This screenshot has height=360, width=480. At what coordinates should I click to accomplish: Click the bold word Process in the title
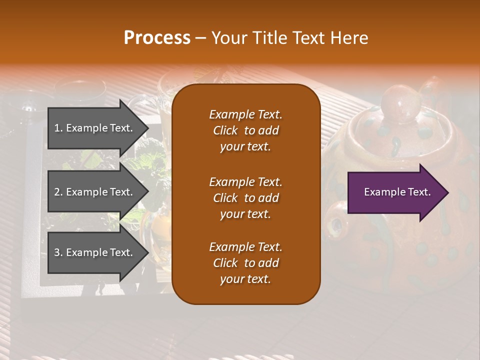coord(157,38)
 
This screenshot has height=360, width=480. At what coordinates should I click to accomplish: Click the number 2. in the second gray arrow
coord(58,192)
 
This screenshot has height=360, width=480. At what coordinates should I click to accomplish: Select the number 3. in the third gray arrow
coord(58,252)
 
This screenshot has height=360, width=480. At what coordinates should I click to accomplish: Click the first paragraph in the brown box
coord(245,130)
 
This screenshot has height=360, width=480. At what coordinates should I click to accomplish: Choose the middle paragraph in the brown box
coord(245,197)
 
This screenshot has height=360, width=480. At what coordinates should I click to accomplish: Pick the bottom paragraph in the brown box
coord(245,263)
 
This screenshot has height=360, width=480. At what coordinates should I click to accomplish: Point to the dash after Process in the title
coord(200,38)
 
